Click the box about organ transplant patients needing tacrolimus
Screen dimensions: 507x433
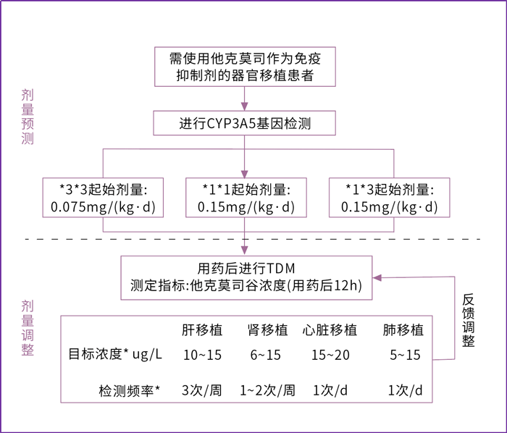245,67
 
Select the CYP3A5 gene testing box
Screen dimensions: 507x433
245,123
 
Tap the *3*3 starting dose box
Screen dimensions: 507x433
103,198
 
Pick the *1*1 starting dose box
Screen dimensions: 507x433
246,198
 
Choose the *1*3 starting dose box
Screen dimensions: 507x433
390,198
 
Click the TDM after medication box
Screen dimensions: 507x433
246,278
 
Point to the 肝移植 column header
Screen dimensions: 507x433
202,330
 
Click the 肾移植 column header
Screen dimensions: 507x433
268,330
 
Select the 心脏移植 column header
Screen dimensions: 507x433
330,330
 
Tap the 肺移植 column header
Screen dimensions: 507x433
403,330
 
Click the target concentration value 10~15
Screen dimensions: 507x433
202,355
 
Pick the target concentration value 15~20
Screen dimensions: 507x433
330,355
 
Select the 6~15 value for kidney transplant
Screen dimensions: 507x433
266,355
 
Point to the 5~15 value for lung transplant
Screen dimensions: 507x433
405,355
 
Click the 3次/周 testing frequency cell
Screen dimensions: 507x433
202,390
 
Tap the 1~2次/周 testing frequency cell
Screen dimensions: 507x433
267,390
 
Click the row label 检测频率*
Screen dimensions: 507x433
130,391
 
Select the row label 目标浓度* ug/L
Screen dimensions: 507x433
115,354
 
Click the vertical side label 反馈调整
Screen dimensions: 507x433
468,320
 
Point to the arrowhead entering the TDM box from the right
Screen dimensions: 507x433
377,277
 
